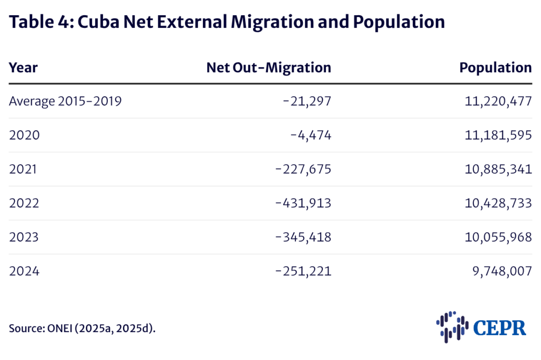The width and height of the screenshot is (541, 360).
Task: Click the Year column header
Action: pos(23,68)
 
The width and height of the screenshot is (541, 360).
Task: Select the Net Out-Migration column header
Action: pos(268,68)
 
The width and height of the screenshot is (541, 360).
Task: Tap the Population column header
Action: pos(495,68)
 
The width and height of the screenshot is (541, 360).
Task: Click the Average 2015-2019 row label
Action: pos(66,101)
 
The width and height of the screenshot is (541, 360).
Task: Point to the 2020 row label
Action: pos(24,135)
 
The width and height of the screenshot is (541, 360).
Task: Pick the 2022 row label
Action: pos(24,203)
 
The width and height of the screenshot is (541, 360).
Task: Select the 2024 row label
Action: pos(24,271)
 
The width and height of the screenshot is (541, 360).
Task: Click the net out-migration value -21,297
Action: pos(307,101)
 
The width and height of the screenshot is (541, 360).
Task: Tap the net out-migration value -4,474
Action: pos(311,135)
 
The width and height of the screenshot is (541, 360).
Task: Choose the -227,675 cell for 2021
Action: pos(303,169)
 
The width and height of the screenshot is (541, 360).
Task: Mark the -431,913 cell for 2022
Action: pos(303,203)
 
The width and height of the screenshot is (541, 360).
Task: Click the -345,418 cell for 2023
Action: pos(303,237)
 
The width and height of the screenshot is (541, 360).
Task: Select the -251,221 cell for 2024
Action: pos(303,271)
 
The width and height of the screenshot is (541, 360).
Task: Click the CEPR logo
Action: pos(481,326)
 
